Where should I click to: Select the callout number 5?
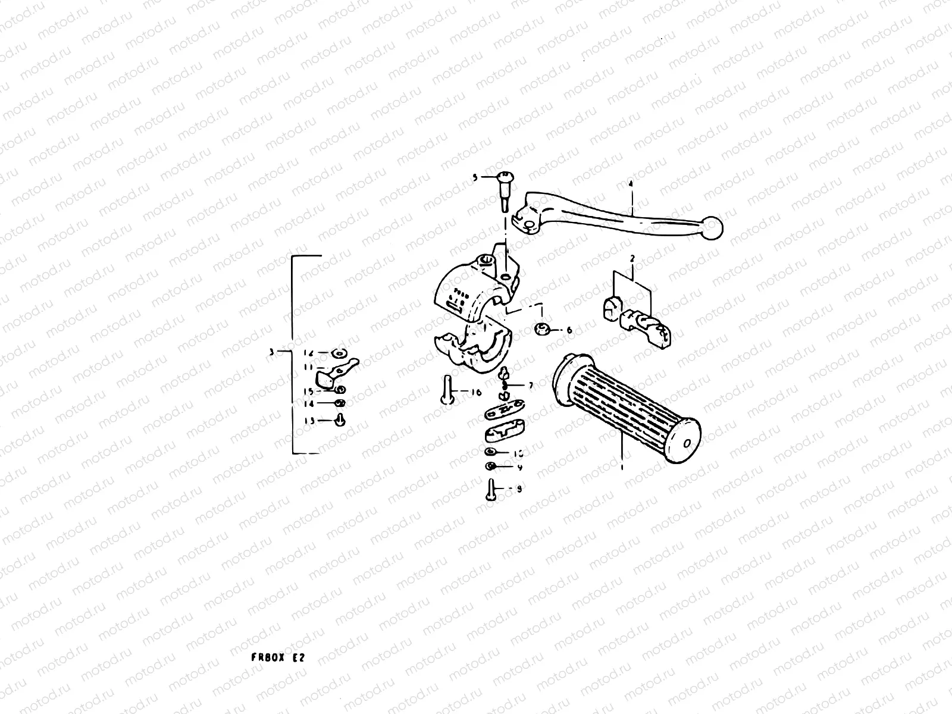pyautogui.click(x=475, y=177)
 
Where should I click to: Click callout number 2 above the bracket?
pyautogui.click(x=632, y=258)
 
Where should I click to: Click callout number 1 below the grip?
pyautogui.click(x=622, y=468)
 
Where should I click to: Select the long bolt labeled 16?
pyautogui.click(x=447, y=392)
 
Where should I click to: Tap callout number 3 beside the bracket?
pyautogui.click(x=271, y=352)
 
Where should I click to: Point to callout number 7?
pyautogui.click(x=531, y=386)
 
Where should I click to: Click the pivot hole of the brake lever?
pyautogui.click(x=527, y=224)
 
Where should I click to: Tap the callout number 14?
pyautogui.click(x=309, y=404)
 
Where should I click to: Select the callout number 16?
pyautogui.click(x=476, y=393)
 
